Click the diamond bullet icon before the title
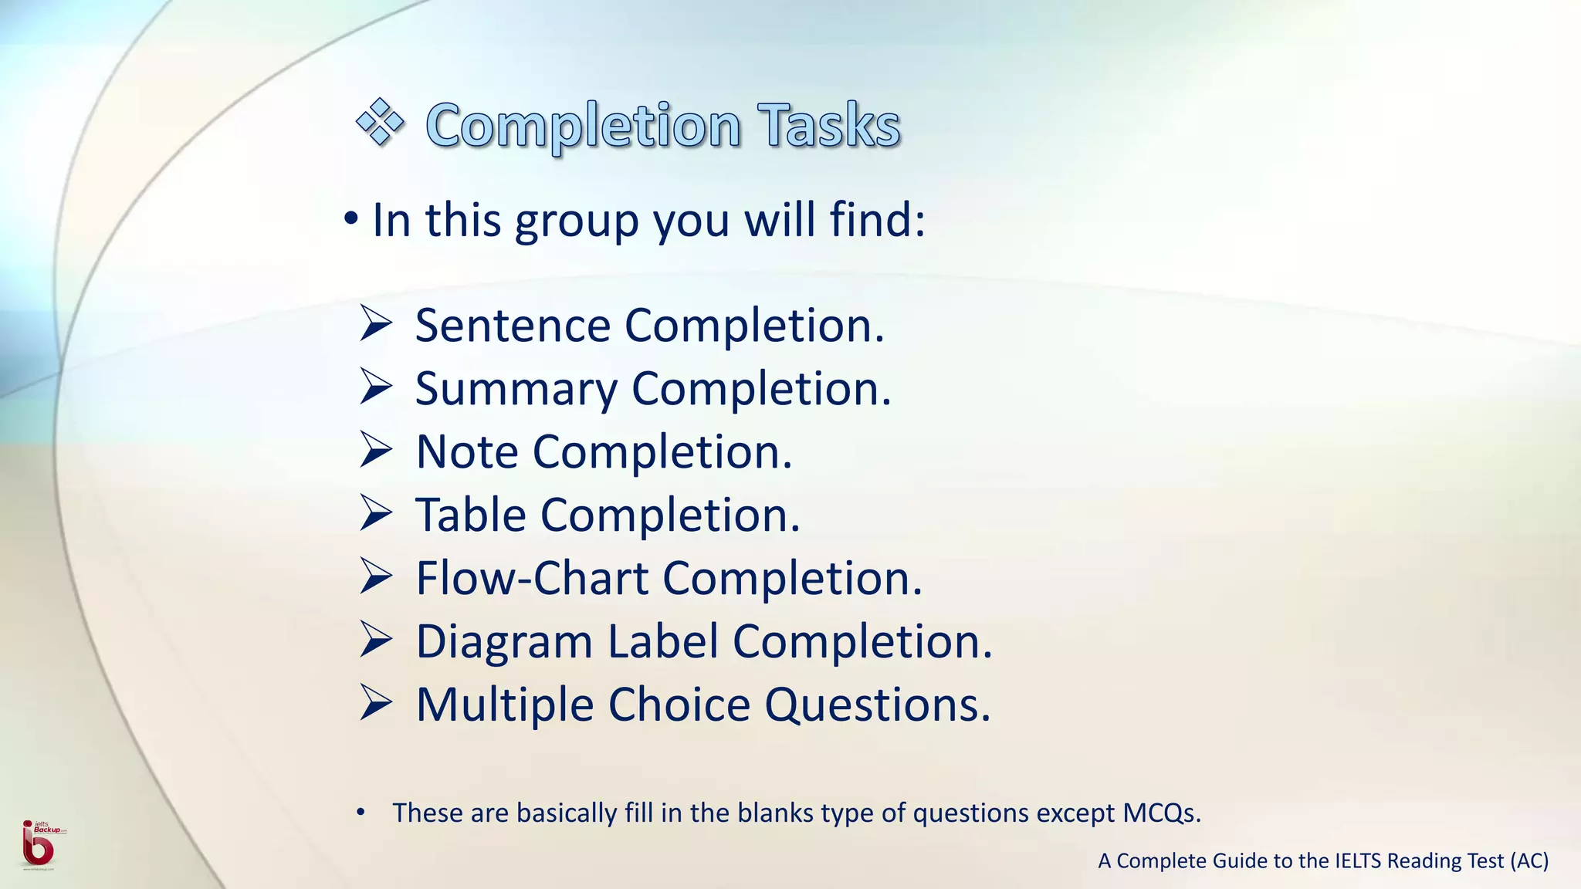click(x=380, y=122)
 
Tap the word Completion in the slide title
click(x=584, y=125)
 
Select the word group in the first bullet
click(x=577, y=221)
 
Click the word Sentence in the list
click(x=513, y=325)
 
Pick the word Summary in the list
click(x=516, y=389)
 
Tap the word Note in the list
click(x=466, y=451)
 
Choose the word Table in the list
click(x=471, y=515)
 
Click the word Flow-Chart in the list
click(x=533, y=578)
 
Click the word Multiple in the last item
click(x=505, y=705)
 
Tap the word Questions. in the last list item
click(x=878, y=705)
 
